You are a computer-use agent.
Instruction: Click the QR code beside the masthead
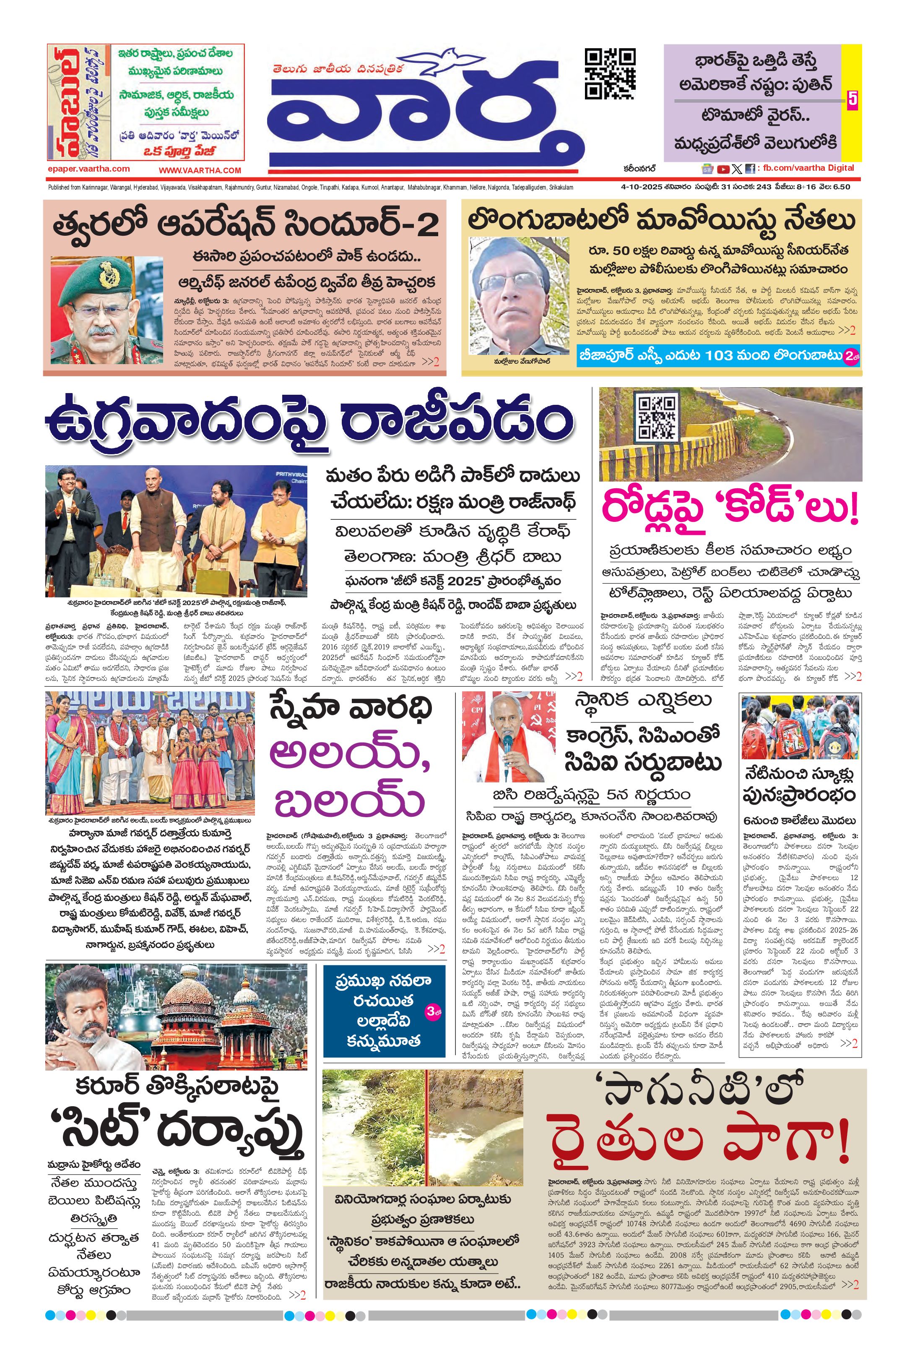[x=610, y=73]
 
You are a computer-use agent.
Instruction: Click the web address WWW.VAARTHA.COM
[x=200, y=170]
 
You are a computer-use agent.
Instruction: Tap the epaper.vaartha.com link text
[x=88, y=169]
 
